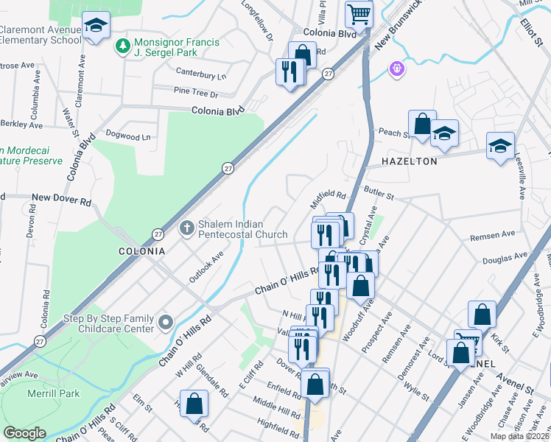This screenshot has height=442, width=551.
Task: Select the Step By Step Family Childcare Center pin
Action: (x=165, y=322)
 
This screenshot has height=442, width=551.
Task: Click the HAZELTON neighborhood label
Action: (x=410, y=161)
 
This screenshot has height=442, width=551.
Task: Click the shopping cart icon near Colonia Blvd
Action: (x=359, y=13)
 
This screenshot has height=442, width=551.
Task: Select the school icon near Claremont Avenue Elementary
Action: (x=95, y=27)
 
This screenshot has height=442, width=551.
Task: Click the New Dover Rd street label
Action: (x=61, y=199)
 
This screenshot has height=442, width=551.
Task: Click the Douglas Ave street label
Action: (x=505, y=258)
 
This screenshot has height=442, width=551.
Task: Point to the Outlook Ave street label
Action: (x=206, y=267)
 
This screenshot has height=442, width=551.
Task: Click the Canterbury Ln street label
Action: (x=200, y=74)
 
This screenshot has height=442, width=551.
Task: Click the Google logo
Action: (x=24, y=433)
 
